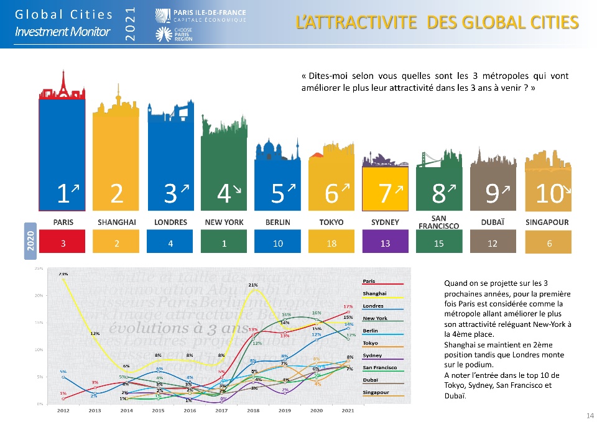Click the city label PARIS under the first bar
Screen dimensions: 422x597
63,222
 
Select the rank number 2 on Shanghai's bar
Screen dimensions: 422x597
116,195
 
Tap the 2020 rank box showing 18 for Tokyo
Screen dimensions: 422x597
331,244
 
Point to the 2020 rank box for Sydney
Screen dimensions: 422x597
385,244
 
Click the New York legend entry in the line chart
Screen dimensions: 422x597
374,318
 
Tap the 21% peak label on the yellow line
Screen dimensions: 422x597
253,285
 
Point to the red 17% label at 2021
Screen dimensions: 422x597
348,306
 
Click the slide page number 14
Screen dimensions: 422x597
590,415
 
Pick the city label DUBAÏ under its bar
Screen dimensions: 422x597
492,222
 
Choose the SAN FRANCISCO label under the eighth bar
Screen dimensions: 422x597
438,222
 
